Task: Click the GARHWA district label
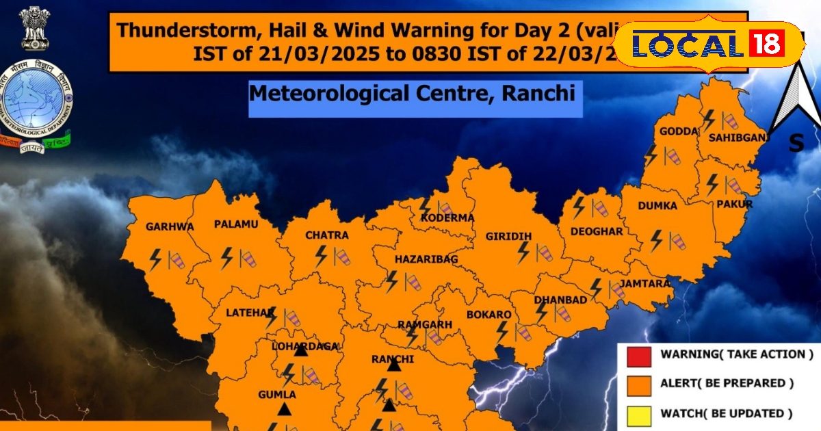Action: point(170,226)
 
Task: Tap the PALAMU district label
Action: point(235,224)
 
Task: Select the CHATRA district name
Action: point(326,235)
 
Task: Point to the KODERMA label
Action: point(447,218)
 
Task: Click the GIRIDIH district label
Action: point(508,237)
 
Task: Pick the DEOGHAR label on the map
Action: point(597,231)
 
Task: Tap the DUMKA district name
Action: point(657,205)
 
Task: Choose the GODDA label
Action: point(679,131)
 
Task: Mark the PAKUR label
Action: point(735,204)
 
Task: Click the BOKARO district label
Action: point(488,315)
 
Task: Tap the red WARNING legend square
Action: point(638,355)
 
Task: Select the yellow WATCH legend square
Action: point(638,413)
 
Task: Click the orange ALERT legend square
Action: point(638,384)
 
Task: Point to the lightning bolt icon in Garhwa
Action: point(155,259)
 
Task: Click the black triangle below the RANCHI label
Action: point(393,366)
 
